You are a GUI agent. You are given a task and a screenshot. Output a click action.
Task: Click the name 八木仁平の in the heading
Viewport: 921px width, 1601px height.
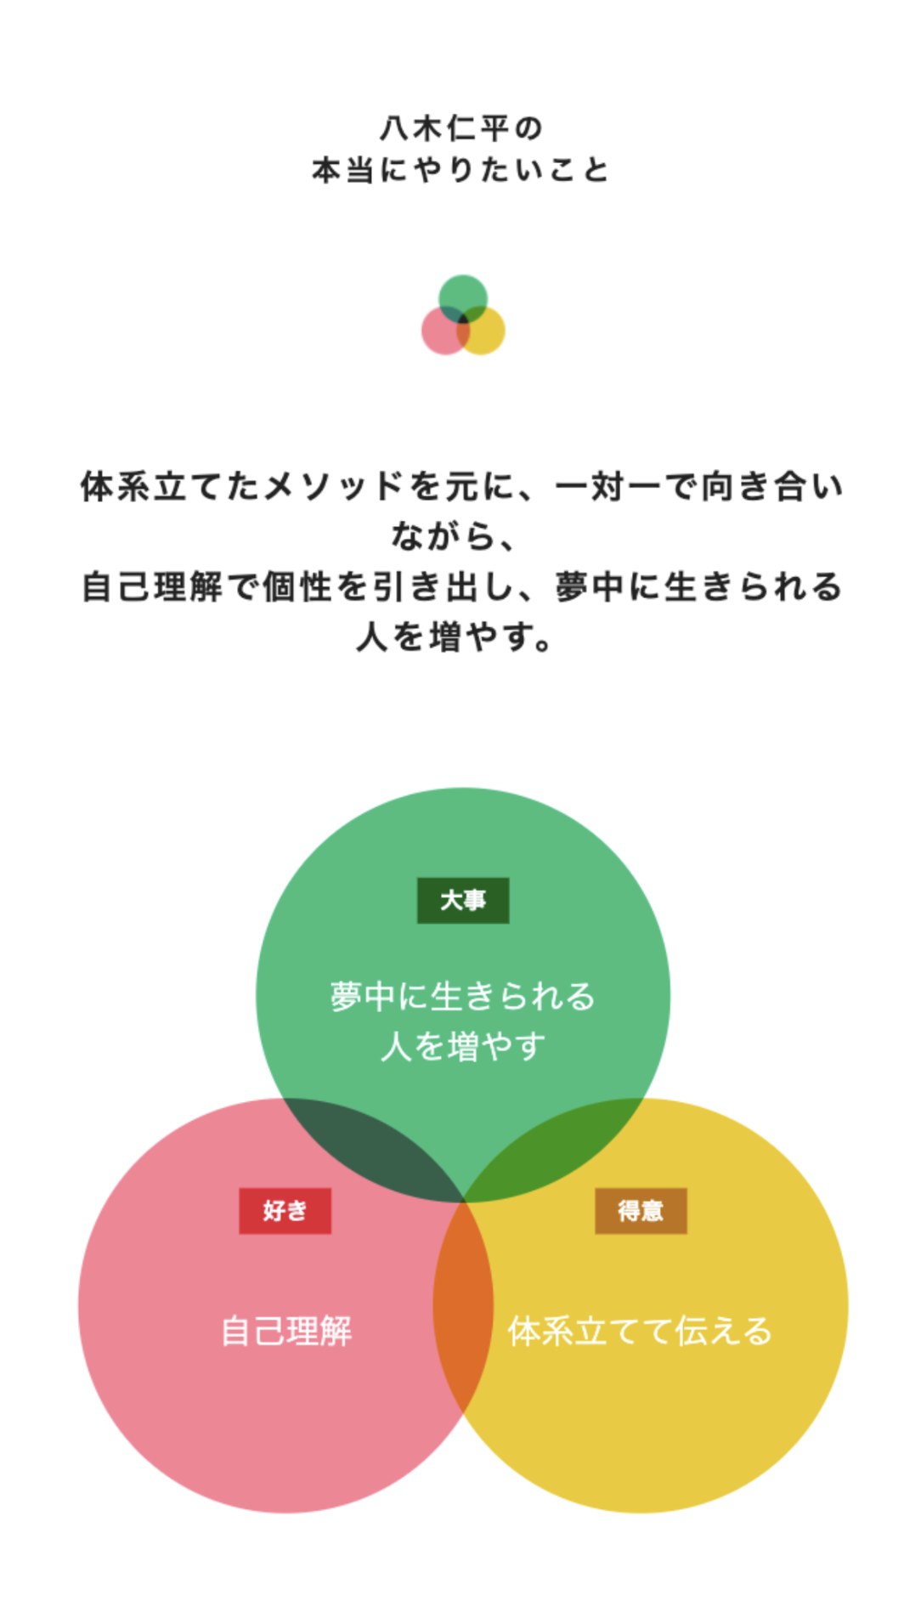click(x=460, y=128)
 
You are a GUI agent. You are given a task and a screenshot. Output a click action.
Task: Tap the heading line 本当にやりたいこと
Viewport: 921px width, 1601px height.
click(x=460, y=170)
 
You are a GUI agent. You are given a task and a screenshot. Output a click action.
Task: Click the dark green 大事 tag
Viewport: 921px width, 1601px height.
click(x=463, y=900)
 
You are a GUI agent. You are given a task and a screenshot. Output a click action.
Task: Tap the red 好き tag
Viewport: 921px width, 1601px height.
click(x=285, y=1210)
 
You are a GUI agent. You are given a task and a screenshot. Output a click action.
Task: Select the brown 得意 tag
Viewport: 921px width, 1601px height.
click(x=641, y=1210)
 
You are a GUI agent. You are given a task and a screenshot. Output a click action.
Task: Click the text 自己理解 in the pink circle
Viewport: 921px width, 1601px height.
click(x=286, y=1331)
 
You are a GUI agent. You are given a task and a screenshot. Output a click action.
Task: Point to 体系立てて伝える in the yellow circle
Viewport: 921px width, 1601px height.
click(x=640, y=1331)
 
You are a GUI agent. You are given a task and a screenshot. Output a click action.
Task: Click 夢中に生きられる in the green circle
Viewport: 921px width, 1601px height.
click(x=463, y=996)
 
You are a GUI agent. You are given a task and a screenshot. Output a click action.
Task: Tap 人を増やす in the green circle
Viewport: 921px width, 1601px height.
click(x=463, y=1046)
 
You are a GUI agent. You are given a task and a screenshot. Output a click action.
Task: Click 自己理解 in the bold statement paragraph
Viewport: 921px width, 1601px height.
click(x=153, y=586)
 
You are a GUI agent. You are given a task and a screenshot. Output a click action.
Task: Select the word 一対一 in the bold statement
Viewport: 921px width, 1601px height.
click(x=608, y=487)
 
